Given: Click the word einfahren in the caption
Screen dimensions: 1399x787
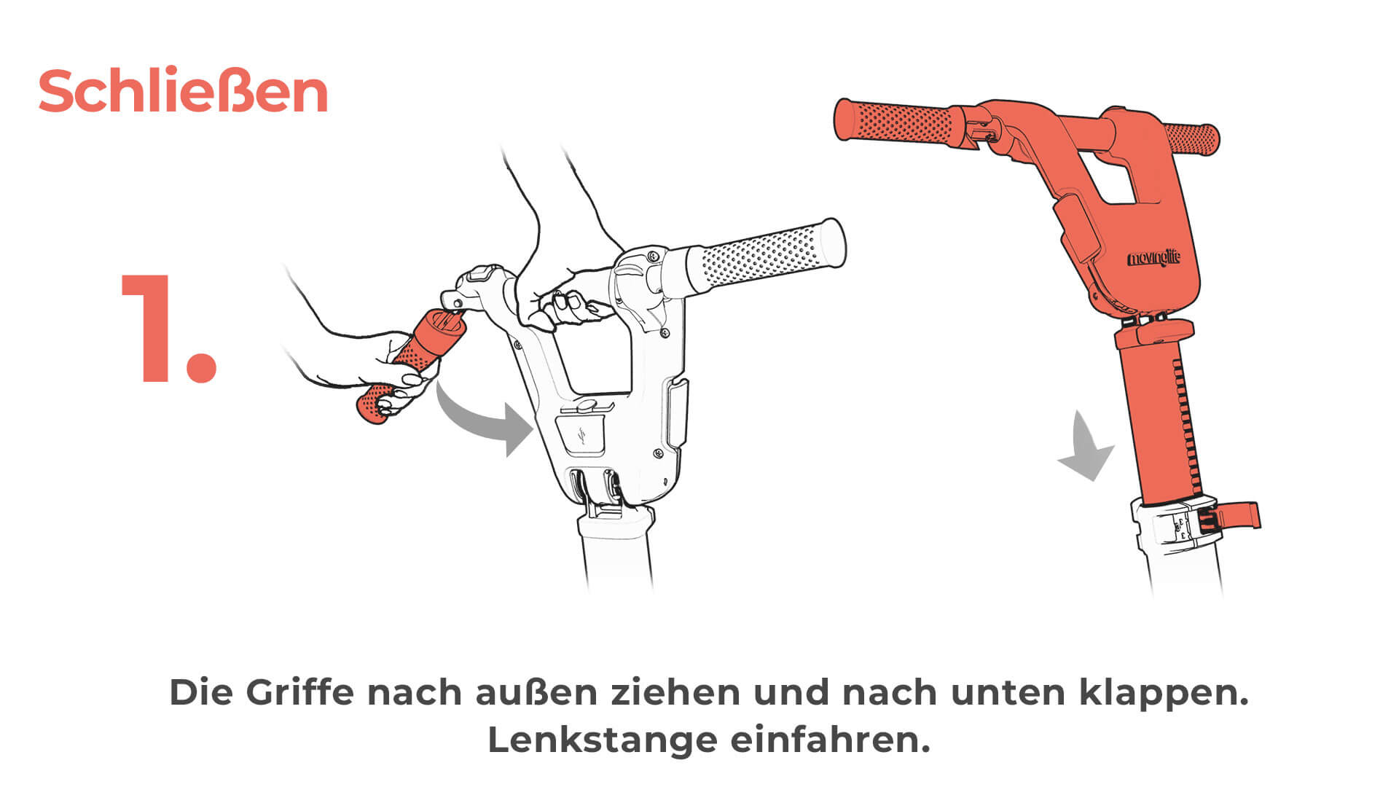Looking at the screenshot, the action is tap(831, 740).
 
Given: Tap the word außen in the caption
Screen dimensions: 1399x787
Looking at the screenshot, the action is tap(536, 692).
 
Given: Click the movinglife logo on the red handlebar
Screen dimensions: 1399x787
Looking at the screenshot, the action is tap(1154, 259).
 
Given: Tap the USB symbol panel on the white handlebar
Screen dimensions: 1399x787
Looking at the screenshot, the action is tap(581, 435).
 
